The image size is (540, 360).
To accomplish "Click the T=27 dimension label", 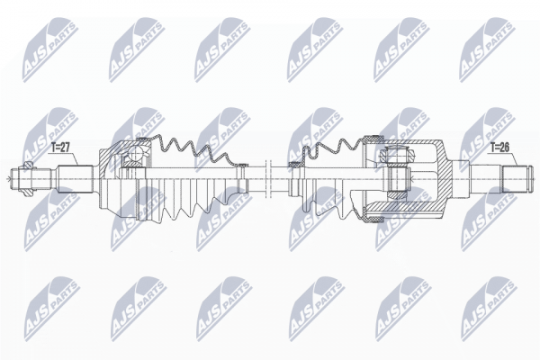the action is tap(60, 148).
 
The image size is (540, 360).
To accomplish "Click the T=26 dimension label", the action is tap(500, 148).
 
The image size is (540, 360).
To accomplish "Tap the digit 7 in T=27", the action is tap(67, 148).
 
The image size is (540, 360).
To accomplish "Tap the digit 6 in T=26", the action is tap(507, 148).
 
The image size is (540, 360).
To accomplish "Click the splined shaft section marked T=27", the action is tap(76, 179).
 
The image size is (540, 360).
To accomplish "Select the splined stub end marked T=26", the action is tap(514, 179).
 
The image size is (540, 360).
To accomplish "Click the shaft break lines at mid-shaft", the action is tap(268, 178).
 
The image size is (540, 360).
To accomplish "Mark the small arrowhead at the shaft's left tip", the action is tap(8, 179).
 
